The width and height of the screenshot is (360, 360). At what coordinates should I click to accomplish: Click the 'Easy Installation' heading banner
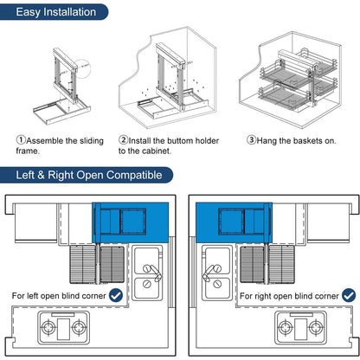[54, 12]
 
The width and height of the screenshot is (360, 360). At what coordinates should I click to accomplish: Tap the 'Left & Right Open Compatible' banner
[87, 175]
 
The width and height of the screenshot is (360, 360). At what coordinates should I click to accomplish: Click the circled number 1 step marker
[21, 140]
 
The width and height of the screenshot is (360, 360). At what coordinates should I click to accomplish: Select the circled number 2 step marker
[123, 140]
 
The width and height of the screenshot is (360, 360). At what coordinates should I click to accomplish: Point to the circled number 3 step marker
[251, 140]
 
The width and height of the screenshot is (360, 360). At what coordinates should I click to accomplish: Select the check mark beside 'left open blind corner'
[116, 295]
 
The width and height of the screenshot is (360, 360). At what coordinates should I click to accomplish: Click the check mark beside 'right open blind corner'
[349, 295]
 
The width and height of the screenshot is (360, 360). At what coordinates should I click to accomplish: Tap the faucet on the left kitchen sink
[153, 272]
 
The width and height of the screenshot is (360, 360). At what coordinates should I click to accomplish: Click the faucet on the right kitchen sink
[212, 273]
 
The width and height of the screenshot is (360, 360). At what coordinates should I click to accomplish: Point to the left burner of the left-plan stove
[48, 328]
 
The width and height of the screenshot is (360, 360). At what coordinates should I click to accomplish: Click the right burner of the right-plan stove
[316, 328]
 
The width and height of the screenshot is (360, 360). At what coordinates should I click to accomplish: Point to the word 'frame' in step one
[28, 151]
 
